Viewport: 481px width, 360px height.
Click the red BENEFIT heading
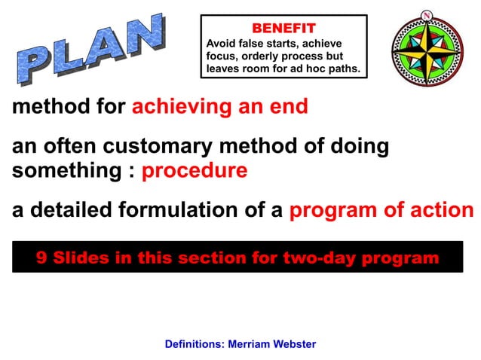[x=283, y=28]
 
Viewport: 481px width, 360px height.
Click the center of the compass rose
[x=427, y=50]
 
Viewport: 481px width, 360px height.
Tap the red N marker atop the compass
[x=427, y=15]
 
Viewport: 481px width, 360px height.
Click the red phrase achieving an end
[x=220, y=107]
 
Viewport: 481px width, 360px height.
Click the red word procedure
[x=195, y=171]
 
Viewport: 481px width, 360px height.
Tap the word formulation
[x=182, y=210]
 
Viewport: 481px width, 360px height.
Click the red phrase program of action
[x=381, y=210]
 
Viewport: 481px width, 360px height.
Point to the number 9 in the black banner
[x=41, y=258]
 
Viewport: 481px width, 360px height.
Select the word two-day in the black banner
[x=319, y=258]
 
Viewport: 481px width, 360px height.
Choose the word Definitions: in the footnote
[x=194, y=344]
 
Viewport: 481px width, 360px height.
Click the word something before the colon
[x=65, y=171]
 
